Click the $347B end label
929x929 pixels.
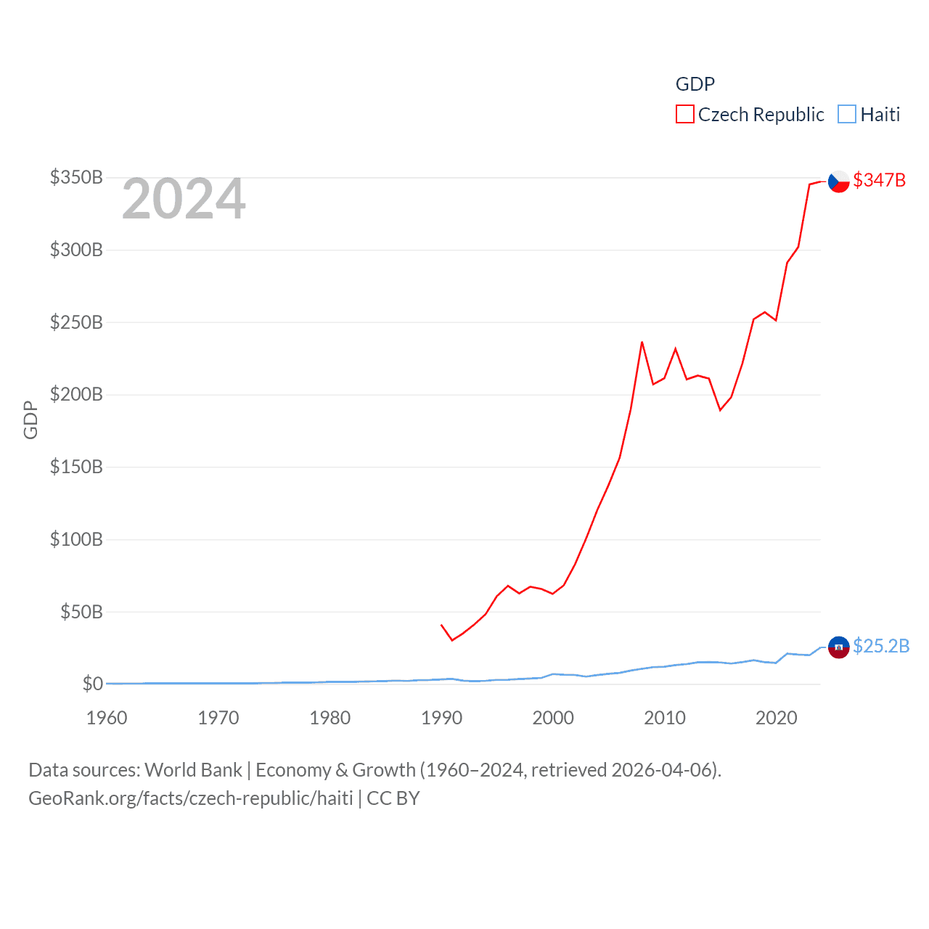coord(879,180)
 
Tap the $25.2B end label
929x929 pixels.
coord(881,646)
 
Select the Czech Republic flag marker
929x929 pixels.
coord(839,181)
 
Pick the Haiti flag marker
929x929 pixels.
coord(839,647)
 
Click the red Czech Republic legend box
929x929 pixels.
coord(684,115)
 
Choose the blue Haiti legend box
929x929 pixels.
coord(847,115)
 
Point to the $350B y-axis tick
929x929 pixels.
coord(76,177)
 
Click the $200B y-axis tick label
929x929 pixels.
coord(76,394)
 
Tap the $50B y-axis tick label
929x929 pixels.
coord(81,612)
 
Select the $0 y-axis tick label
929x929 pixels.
coord(93,684)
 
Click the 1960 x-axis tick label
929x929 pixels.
coord(107,718)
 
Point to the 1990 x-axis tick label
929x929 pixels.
coord(441,718)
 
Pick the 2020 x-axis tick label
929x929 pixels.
coord(776,718)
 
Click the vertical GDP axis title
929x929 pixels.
coord(30,420)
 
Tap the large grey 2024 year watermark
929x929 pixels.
coord(184,200)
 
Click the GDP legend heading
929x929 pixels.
coord(695,84)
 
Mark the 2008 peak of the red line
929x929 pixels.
coord(642,342)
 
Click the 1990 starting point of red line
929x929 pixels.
coord(441,624)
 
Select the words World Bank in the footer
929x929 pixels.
coord(194,769)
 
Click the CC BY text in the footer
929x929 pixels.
coord(393,798)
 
